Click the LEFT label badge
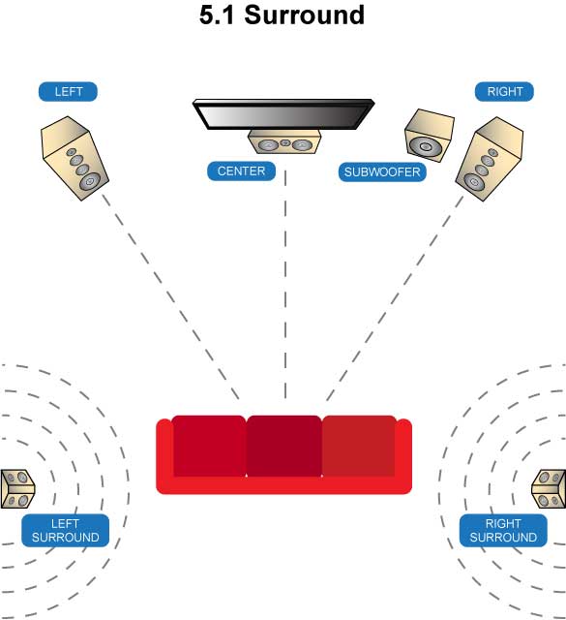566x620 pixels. [x=68, y=92]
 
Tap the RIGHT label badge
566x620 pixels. [x=504, y=92]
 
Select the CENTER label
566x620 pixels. [x=241, y=171]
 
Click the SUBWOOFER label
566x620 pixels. [x=382, y=172]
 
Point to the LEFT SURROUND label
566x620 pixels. [x=65, y=531]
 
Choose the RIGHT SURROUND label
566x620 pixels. [x=503, y=531]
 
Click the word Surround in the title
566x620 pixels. [x=304, y=15]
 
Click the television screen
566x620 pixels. [x=283, y=114]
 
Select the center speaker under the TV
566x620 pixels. [x=284, y=142]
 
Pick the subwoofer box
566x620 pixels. [x=429, y=136]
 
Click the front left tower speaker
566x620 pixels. [x=74, y=158]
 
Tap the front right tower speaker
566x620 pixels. [x=490, y=159]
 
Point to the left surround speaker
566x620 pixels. [x=17, y=488]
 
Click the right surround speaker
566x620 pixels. [x=549, y=488]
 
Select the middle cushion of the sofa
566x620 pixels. [x=284, y=446]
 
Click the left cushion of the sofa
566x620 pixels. [x=209, y=446]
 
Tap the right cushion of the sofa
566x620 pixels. [x=359, y=446]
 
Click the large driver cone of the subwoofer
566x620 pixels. [x=425, y=147]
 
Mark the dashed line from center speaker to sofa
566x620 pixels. [x=285, y=285]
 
